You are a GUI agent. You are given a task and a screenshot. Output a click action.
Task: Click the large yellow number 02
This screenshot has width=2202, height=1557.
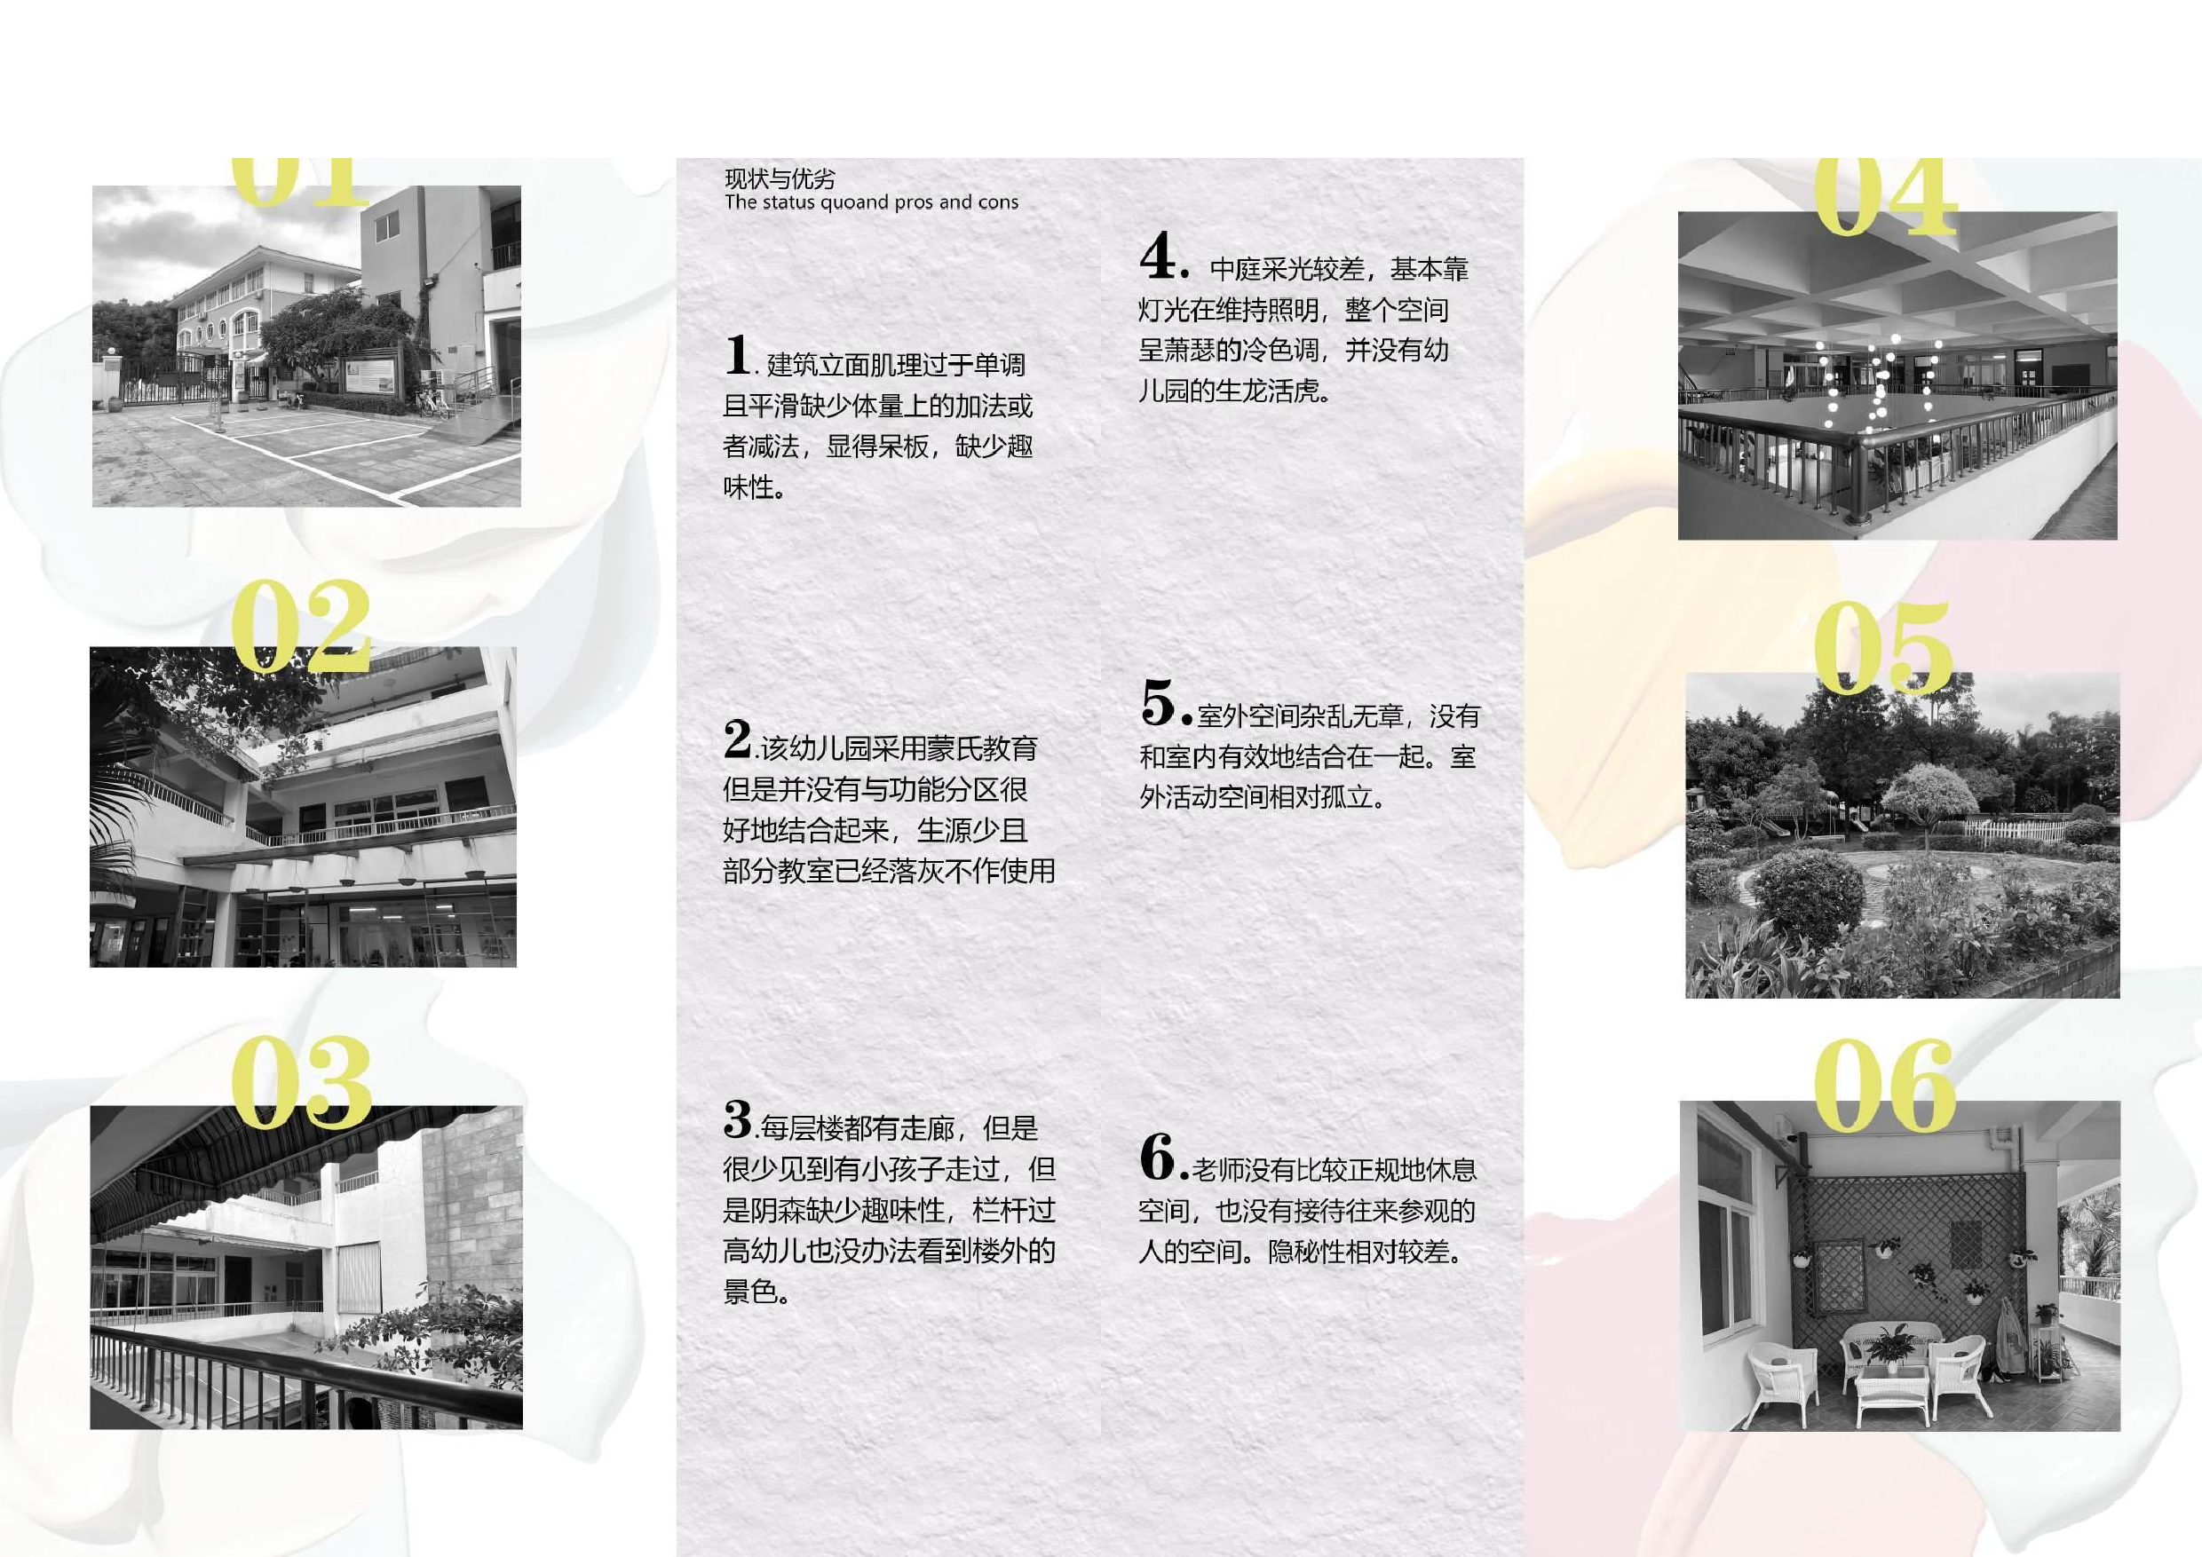(x=300, y=628)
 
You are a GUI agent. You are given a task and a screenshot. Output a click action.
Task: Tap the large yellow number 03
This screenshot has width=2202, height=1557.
(x=300, y=1083)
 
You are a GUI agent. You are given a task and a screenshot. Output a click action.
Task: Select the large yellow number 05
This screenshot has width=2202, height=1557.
(x=1882, y=648)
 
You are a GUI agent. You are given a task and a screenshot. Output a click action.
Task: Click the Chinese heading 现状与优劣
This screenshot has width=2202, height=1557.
(x=780, y=178)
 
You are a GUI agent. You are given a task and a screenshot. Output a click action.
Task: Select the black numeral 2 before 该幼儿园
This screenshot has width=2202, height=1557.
(x=738, y=739)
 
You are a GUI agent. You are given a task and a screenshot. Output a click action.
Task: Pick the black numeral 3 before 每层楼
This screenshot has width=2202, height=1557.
(x=738, y=1119)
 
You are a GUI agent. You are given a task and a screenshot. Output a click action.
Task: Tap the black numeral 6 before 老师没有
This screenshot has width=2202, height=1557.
(x=1159, y=1158)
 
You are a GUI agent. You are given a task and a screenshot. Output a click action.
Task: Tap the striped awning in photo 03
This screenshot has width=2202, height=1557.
(x=240, y=1160)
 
